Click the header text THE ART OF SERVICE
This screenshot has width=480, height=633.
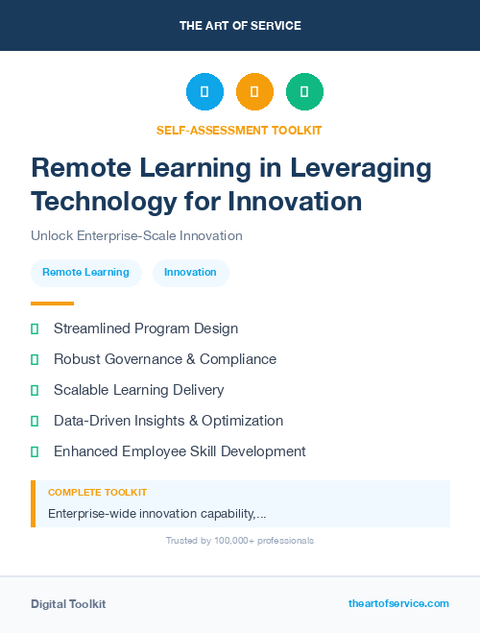tap(240, 26)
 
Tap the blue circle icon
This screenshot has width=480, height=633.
tap(204, 92)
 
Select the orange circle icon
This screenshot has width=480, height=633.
tap(254, 92)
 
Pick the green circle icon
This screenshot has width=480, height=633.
tap(304, 92)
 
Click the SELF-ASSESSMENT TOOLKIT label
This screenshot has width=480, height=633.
tap(239, 130)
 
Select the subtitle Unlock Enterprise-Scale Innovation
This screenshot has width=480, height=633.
tap(136, 235)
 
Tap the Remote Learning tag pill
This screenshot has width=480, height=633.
tap(85, 273)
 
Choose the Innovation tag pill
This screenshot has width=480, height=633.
tap(190, 273)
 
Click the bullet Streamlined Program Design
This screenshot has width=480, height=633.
tap(145, 329)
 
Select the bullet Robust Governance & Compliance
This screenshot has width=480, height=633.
tap(164, 359)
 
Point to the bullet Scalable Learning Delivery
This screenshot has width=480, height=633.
tap(138, 390)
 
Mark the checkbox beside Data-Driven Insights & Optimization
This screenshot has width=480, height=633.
tap(35, 421)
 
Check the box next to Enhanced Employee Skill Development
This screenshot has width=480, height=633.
tap(35, 451)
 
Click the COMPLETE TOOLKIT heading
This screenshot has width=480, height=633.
tap(97, 493)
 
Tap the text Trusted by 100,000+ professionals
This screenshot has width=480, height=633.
tap(240, 541)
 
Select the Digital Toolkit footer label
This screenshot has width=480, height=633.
tap(68, 604)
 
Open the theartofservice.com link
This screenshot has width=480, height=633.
tap(398, 603)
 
